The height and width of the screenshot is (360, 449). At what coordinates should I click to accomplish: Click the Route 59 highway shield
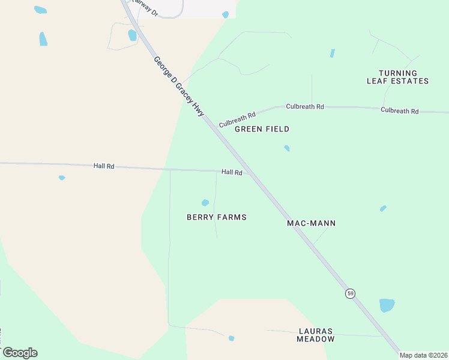[351, 293]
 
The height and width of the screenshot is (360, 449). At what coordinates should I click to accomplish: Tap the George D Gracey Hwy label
[179, 86]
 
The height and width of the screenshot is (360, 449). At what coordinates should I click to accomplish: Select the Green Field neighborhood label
[262, 129]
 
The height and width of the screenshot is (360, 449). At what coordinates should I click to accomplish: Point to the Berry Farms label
[217, 217]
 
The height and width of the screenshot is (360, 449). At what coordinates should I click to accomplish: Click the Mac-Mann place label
[311, 223]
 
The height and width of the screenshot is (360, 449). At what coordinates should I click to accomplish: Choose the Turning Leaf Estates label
[398, 77]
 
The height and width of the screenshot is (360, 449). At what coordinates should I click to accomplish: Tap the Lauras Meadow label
[316, 335]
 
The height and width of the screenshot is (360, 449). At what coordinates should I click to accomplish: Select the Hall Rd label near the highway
[232, 172]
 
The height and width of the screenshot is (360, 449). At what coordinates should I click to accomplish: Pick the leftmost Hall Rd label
[104, 166]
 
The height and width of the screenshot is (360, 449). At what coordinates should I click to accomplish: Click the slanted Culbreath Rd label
[237, 119]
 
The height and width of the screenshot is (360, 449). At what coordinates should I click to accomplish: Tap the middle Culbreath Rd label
[305, 106]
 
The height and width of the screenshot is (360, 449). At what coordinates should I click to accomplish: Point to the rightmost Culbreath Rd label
[399, 110]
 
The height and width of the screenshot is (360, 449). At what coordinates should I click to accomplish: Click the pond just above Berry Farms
[205, 203]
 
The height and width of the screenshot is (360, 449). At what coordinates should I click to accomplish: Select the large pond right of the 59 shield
[387, 305]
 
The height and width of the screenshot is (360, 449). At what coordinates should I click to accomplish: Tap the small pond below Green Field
[287, 148]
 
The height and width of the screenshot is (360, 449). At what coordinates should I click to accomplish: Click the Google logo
[20, 353]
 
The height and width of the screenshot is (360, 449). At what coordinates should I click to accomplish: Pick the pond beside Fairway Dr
[132, 35]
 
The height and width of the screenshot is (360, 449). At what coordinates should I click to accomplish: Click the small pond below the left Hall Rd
[62, 178]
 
